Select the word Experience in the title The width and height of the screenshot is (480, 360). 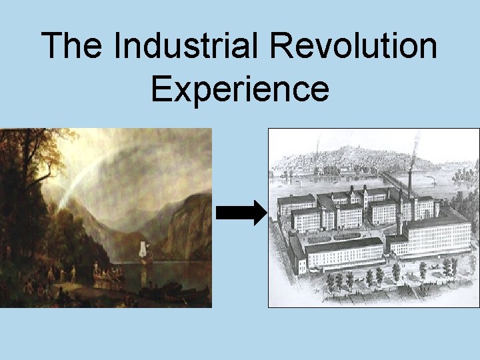(240, 89)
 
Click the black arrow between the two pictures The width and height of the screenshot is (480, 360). (241, 214)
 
